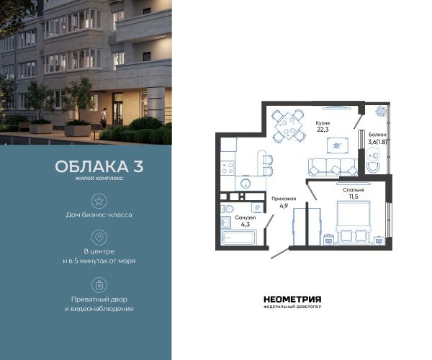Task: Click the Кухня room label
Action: pos(323,123)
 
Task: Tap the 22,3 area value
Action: pos(323,130)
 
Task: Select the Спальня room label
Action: pos(354,190)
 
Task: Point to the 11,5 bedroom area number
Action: pos(354,197)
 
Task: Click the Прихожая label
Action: pos(284,199)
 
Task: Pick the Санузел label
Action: pos(246,217)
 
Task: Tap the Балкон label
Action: pos(377,135)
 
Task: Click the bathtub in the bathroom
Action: pos(239,238)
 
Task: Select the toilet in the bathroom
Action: pos(228,209)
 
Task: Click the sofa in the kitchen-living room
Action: pos(333,167)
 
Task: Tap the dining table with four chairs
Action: pos(289,126)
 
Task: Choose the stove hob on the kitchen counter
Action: pos(228,168)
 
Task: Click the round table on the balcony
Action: pos(373,156)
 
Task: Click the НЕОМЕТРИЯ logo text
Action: pos(292,300)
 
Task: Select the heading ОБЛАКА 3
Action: pos(99,166)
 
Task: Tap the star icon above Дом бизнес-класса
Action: pos(99,201)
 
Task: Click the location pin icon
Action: pos(99,237)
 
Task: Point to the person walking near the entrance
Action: pos(103,118)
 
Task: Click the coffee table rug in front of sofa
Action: pos(338,145)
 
